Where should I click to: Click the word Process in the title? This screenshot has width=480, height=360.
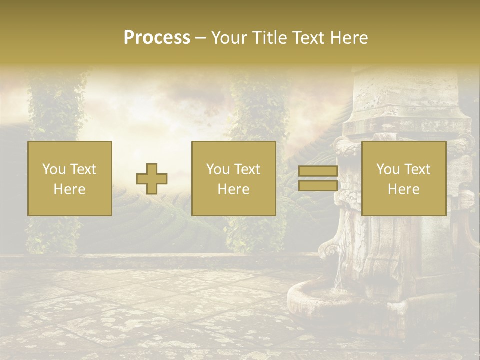tap(157, 38)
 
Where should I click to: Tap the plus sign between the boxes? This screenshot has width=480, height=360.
tap(152, 179)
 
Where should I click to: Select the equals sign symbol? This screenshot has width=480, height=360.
tap(318, 178)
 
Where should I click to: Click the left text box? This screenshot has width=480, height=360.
tap(70, 178)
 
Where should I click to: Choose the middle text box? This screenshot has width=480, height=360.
tap(234, 178)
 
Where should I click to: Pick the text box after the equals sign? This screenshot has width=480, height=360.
tap(404, 178)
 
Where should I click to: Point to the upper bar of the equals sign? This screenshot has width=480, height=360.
tap(318, 171)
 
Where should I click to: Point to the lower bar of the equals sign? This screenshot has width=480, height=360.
tap(318, 185)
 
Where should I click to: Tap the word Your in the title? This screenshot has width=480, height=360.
tap(228, 38)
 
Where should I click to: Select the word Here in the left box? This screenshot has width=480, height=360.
tap(70, 189)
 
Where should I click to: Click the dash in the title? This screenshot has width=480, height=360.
tap(201, 38)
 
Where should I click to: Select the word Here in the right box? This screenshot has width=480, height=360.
tap(404, 189)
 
